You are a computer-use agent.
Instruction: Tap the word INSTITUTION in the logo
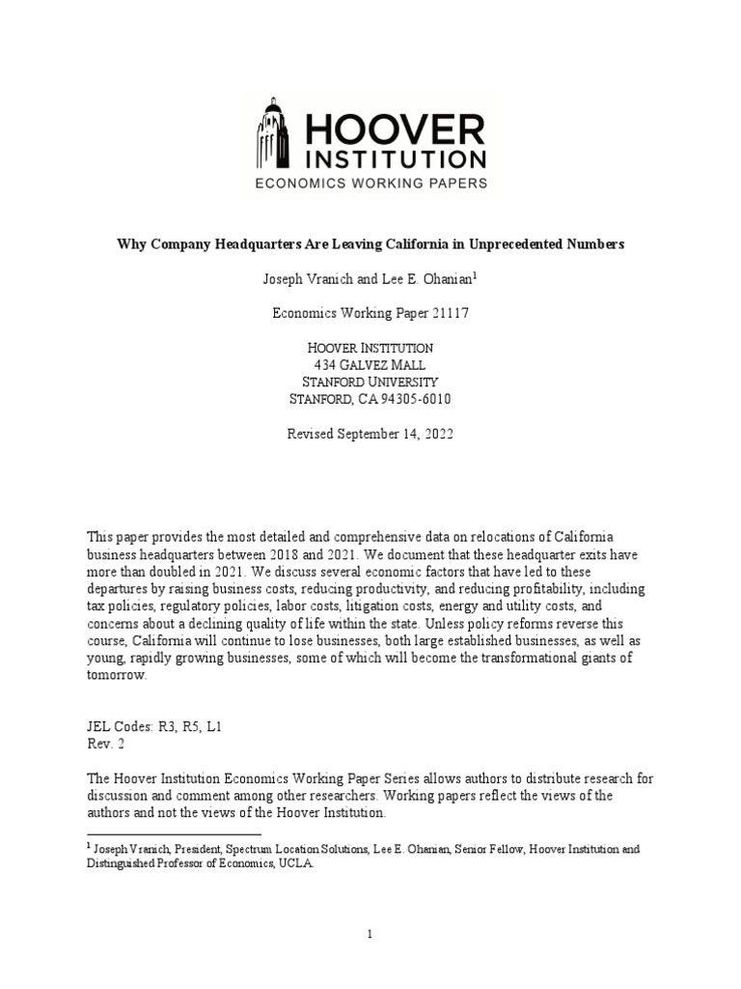click(x=395, y=157)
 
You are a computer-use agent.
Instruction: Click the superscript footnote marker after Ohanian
click(x=476, y=275)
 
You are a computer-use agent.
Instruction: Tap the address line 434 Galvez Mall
click(x=370, y=364)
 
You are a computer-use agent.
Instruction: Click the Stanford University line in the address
click(x=370, y=381)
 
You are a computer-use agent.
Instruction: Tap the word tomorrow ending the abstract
click(x=116, y=675)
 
